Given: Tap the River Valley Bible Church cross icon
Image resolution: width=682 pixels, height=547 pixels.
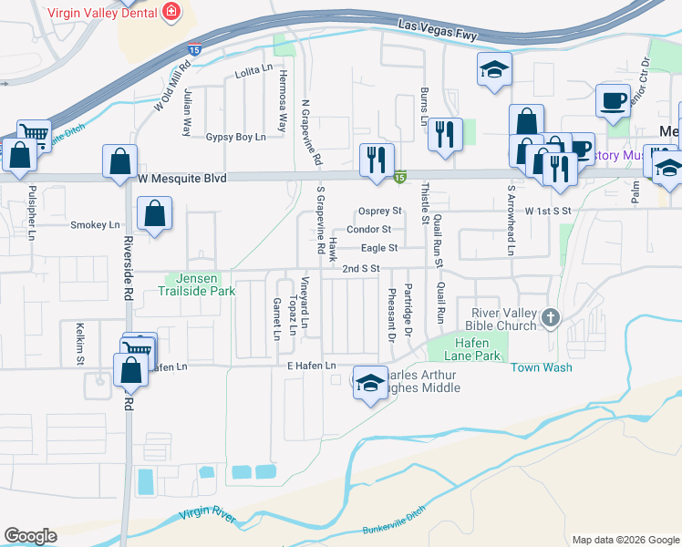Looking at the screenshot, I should coord(550,317).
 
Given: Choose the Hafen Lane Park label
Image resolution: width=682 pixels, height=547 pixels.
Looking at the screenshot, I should coord(478,348).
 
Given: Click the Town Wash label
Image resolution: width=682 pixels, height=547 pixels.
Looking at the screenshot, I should coord(541,367).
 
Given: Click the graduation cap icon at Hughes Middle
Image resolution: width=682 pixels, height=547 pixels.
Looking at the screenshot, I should coord(369,384).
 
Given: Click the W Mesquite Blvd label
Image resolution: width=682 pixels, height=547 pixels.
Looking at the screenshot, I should coord(181,179).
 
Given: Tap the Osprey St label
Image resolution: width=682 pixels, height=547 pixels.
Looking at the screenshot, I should coord(380,211).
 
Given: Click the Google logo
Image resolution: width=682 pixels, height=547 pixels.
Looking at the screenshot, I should coord(30,536).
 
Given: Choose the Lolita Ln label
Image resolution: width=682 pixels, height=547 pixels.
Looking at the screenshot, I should coord(253,70).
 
